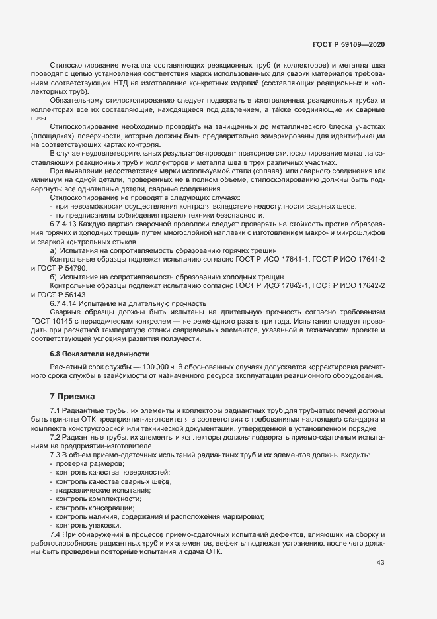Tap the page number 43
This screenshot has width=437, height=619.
tap(381, 563)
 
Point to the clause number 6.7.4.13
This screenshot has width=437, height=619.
tap(64, 224)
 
